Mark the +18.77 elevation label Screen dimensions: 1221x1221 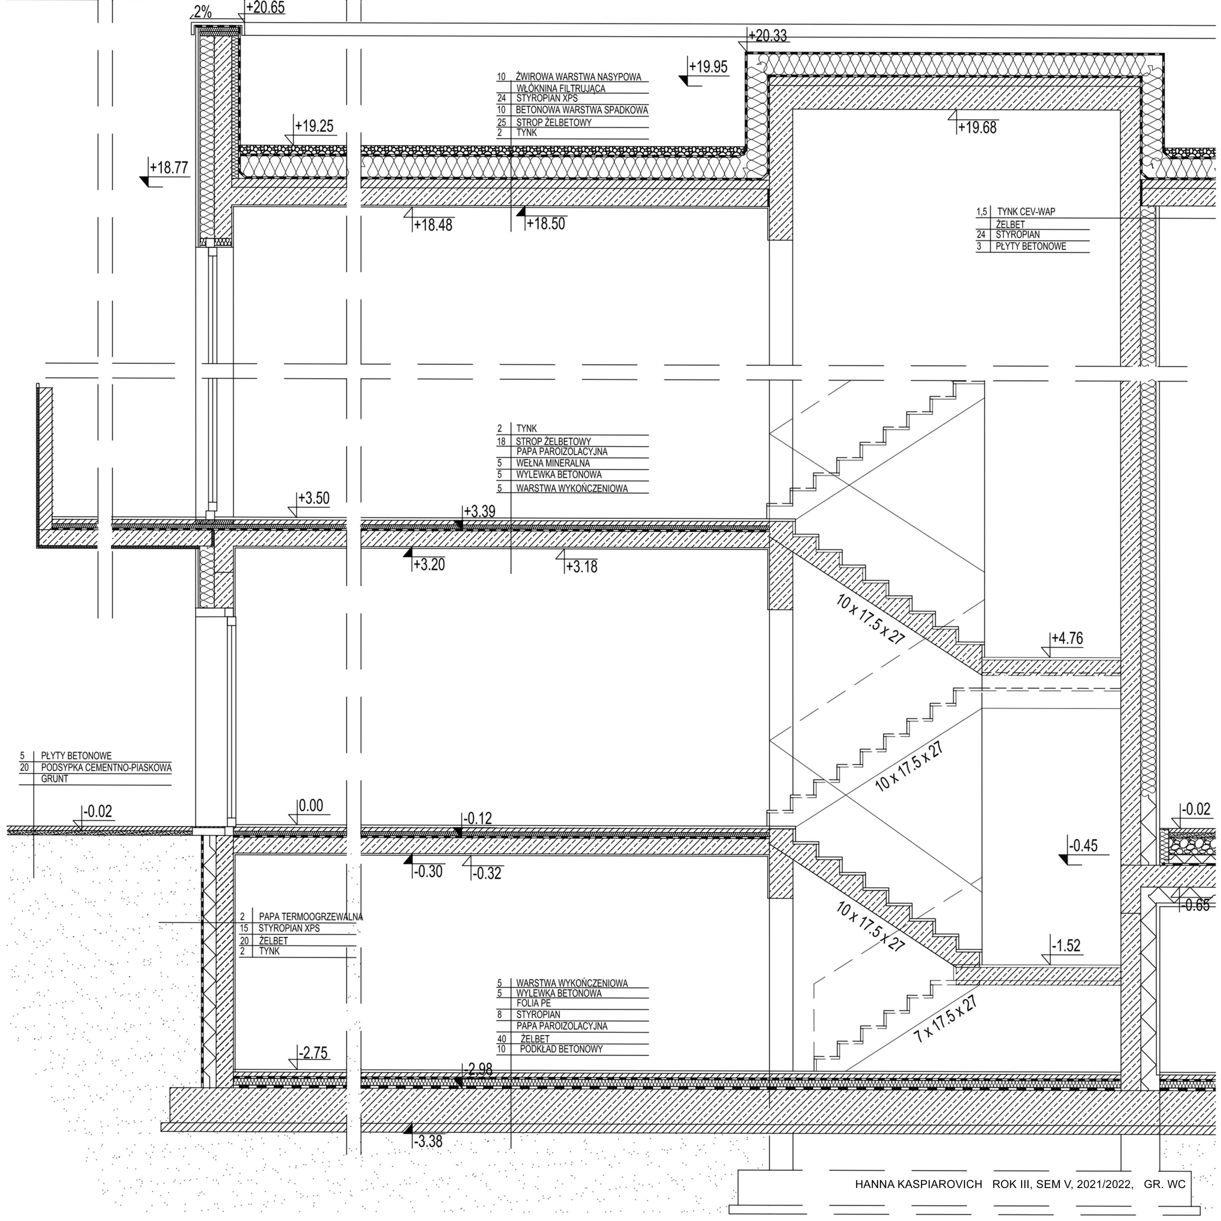[x=169, y=168]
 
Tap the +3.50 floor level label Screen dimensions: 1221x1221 [x=313, y=498]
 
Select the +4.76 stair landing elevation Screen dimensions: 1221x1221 [x=1067, y=639]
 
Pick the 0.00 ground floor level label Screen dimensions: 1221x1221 [x=310, y=806]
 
